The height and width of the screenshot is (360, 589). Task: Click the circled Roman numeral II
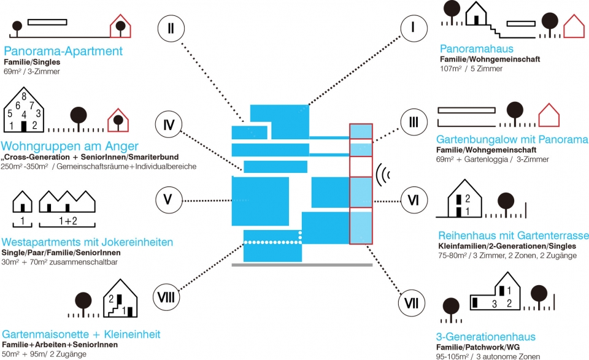171,28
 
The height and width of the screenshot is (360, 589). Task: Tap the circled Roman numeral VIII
166,297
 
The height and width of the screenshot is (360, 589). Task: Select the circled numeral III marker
414,122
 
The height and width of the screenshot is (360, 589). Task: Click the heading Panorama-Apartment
63,51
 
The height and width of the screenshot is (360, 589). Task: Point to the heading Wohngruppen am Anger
69,146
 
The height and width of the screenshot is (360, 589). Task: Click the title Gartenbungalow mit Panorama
512,140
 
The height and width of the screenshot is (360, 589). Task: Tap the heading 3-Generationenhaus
486,336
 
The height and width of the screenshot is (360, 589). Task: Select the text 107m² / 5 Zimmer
471,69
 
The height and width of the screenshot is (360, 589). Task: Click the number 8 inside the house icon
24,96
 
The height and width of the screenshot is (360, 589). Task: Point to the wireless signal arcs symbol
383,175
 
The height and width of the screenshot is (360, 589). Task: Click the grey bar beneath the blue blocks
302,265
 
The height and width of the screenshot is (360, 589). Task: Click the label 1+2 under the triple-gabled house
68,221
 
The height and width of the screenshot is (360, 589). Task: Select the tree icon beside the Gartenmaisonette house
83,304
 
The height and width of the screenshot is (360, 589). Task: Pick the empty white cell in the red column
361,167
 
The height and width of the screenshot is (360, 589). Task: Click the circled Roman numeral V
169,199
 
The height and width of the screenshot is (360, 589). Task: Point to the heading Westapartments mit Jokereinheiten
87,242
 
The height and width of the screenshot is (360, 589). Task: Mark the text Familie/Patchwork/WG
478,347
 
